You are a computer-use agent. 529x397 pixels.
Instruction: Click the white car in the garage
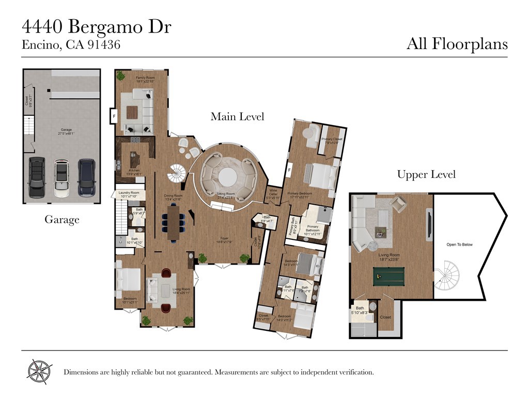[61, 177]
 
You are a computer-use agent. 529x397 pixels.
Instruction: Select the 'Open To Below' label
[459, 245]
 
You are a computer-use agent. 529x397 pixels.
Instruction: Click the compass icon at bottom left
[40, 371]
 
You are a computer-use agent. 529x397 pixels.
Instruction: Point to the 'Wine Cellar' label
[273, 195]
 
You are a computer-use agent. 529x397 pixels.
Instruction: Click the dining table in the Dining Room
[173, 222]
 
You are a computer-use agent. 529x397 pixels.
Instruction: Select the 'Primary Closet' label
[332, 140]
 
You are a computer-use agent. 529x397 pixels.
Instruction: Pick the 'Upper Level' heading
[426, 175]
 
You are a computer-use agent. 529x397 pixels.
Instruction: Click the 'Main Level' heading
[237, 117]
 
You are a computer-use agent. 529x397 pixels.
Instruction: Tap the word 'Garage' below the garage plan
[61, 220]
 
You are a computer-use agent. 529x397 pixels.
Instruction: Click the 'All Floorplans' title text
[457, 44]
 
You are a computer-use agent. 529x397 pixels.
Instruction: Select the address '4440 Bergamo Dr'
[97, 27]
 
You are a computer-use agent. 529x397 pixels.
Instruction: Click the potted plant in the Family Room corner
[120, 76]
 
